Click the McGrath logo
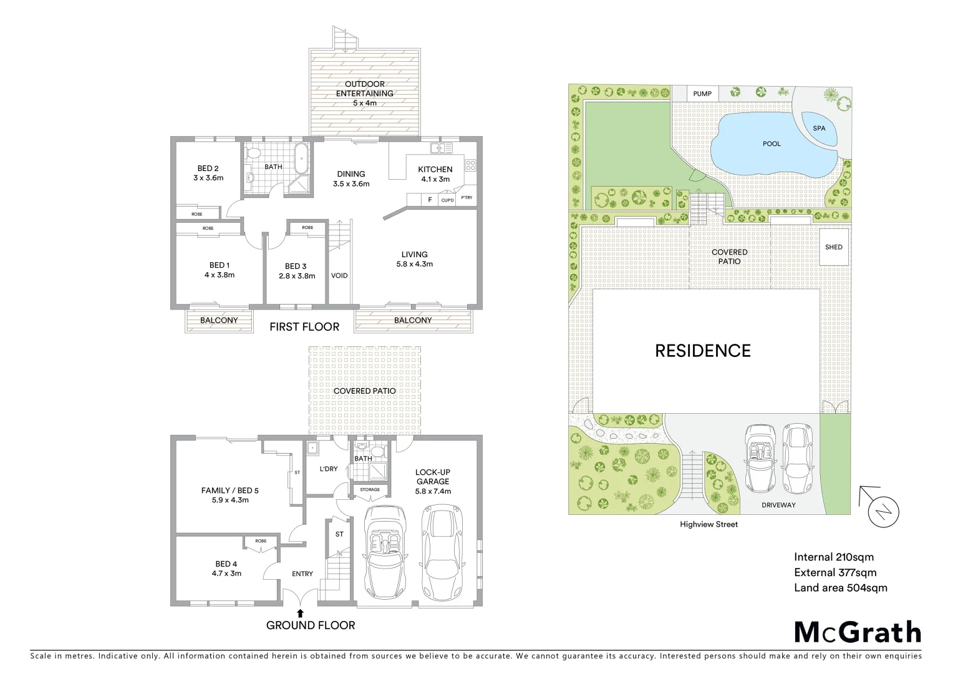click(857, 632)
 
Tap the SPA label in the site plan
click(819, 128)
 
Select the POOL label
click(772, 144)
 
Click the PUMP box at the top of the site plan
click(702, 94)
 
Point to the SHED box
click(834, 247)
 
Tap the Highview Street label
click(709, 524)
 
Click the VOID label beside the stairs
click(339, 275)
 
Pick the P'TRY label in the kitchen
click(467, 198)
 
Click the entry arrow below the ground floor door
click(301, 613)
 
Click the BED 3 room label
click(296, 271)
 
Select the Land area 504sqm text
click(840, 587)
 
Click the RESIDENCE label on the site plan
click(702, 351)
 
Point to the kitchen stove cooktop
click(470, 165)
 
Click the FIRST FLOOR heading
click(304, 326)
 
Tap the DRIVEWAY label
click(778, 505)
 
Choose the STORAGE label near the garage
click(370, 489)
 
